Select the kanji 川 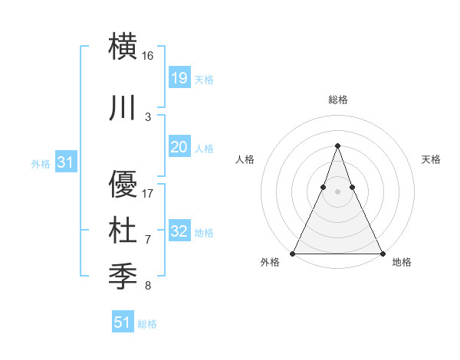tap(123, 108)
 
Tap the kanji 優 tap(123, 185)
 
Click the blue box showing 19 tap(179, 78)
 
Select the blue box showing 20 tap(179, 147)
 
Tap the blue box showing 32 tap(179, 231)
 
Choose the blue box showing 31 tap(67, 162)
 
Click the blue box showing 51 tap(123, 322)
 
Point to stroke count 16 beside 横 tap(148, 56)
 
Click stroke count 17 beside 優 tap(148, 193)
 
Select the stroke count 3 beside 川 tap(148, 116)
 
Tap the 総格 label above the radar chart tap(337, 100)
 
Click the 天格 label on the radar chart tap(431, 159)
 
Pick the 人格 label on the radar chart tap(245, 159)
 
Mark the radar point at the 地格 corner tap(382, 253)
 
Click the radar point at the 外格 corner tap(293, 253)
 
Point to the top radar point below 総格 tap(337, 146)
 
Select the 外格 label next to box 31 tap(40, 163)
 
